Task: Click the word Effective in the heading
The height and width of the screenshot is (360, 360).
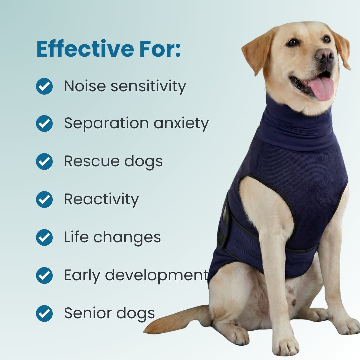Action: [x=85, y=49]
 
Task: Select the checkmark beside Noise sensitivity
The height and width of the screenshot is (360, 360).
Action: [x=44, y=86]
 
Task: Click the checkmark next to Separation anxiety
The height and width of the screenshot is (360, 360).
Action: [x=44, y=124]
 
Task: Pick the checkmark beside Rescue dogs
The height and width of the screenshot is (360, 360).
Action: [x=44, y=161]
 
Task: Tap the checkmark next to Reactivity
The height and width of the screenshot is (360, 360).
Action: [x=44, y=199]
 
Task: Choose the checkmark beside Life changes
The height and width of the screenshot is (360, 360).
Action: [x=44, y=237]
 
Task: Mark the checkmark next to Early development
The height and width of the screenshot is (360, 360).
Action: [x=44, y=275]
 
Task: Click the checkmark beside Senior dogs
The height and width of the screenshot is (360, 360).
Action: [x=44, y=313]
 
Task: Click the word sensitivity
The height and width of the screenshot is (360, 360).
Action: [x=148, y=87]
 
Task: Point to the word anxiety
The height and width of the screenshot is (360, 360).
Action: [x=181, y=124]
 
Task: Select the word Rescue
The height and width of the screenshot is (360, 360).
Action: [x=92, y=161]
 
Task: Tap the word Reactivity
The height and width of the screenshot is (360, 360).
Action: [x=101, y=200]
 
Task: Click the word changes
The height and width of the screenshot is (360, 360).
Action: [x=127, y=238]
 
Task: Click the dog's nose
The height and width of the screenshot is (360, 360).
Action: [x=324, y=55]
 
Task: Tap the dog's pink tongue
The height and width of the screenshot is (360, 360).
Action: [x=321, y=88]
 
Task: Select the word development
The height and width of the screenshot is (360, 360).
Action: [x=157, y=275]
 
